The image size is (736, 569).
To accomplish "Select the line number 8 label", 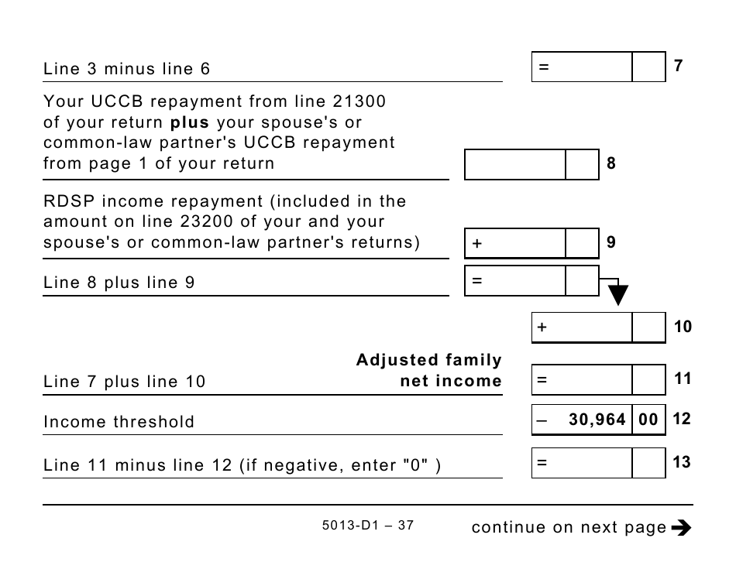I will coord(611,164).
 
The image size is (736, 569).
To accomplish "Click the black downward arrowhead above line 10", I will coord(617,295).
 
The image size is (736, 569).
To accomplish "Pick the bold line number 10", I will coord(683,327).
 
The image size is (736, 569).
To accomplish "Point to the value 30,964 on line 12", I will coord(597,420).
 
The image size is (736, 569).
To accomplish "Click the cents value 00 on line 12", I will coord(648,420).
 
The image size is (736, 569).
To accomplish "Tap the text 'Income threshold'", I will coord(119,422).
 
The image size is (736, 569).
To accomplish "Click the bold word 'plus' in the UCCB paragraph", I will coord(190,122).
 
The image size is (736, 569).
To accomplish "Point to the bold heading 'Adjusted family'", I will coord(428,360).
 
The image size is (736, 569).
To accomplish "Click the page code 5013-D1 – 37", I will coord(367,526).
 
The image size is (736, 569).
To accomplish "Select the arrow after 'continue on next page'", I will coord(681,528).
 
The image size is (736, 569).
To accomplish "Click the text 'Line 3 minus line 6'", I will coord(127,69).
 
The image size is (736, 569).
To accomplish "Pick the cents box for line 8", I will coord(582,164).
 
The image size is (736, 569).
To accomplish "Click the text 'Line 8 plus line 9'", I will coord(119,283).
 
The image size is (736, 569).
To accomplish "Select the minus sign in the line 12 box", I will coord(542,420).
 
